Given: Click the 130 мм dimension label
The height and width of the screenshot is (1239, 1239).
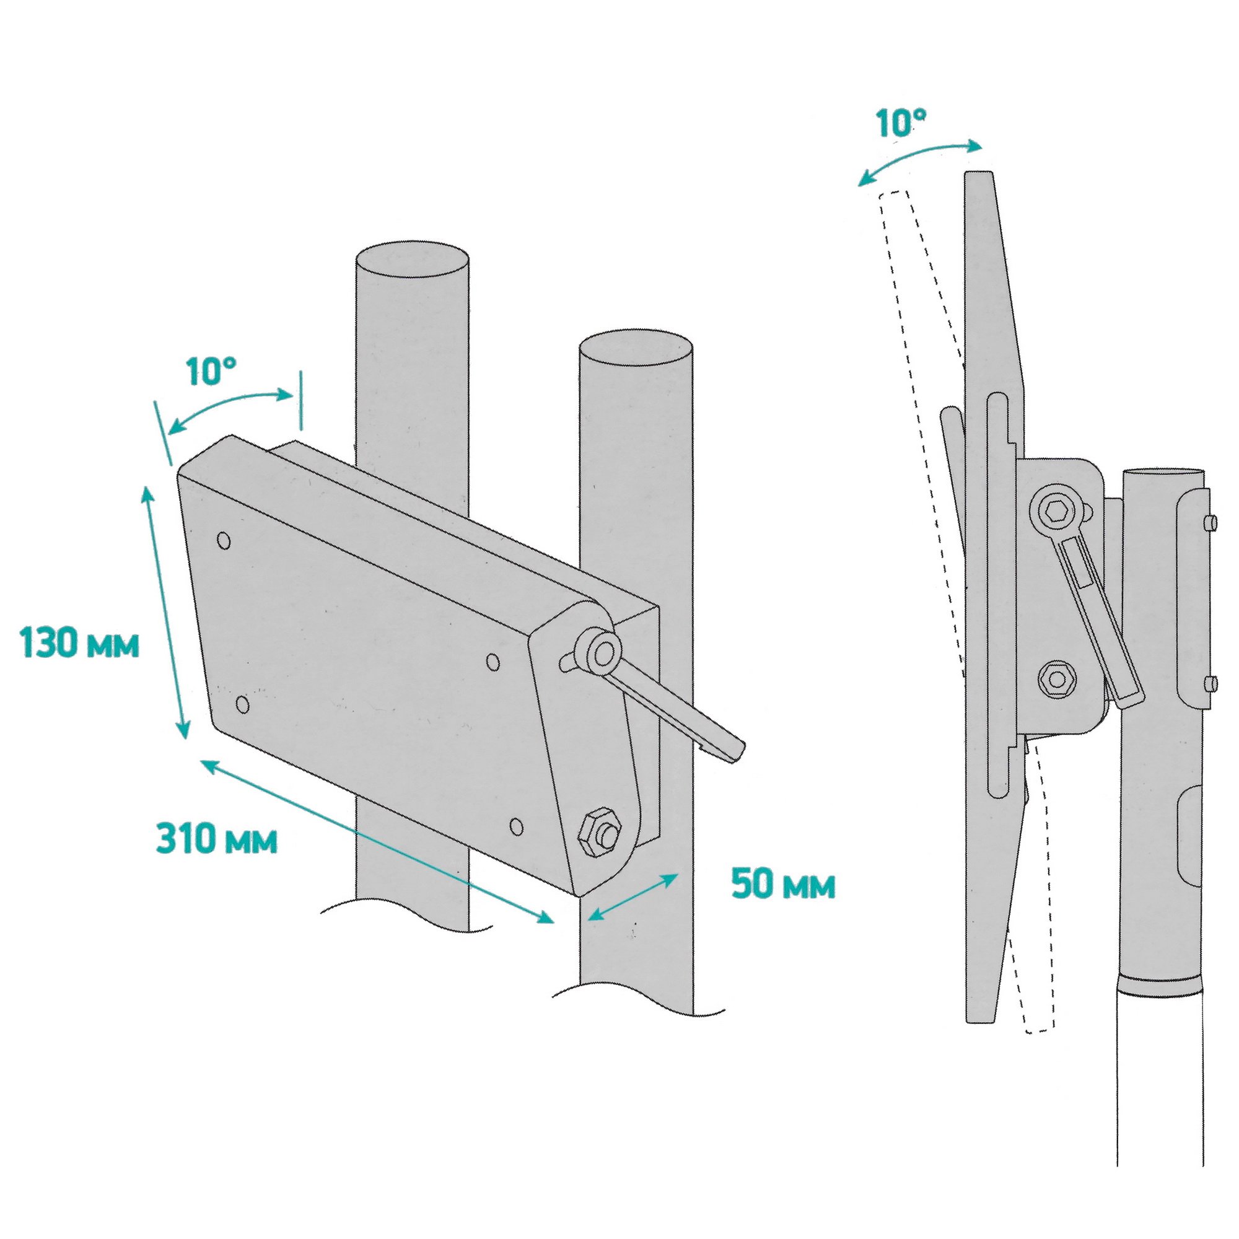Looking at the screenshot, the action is pyautogui.click(x=79, y=643).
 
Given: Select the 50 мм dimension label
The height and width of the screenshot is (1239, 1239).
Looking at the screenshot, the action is pyautogui.click(x=784, y=885).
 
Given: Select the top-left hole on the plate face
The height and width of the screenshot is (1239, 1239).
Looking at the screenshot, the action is pyautogui.click(x=224, y=540).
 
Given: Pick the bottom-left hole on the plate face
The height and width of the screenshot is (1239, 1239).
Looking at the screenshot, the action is pyautogui.click(x=242, y=706).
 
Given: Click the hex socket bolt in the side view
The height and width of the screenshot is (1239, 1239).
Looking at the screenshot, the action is pyautogui.click(x=1056, y=512).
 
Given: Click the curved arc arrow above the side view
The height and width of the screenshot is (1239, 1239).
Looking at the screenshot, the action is pyautogui.click(x=921, y=160).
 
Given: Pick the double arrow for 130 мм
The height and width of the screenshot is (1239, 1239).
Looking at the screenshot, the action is pyautogui.click(x=165, y=613).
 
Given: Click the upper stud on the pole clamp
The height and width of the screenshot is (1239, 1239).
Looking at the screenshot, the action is pyautogui.click(x=1210, y=523).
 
